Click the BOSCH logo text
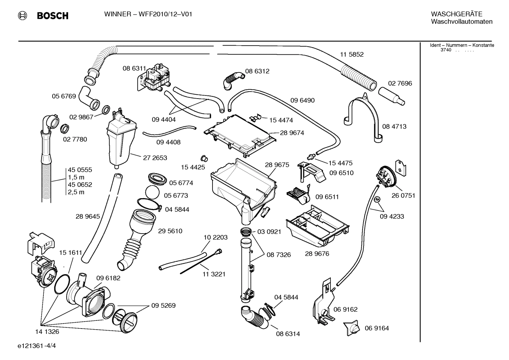pos(52,16)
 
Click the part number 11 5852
pos(351,54)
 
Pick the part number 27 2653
pos(155,158)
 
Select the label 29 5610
pos(170,231)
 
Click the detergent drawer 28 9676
pos(318,226)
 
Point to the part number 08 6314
pos(288,334)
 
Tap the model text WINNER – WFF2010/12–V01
pos(148,14)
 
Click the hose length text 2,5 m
pos(76,192)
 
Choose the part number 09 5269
pos(163,306)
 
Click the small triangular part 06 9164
pos(353,328)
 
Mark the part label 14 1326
pos(47,332)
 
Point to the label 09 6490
pos(303,100)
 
